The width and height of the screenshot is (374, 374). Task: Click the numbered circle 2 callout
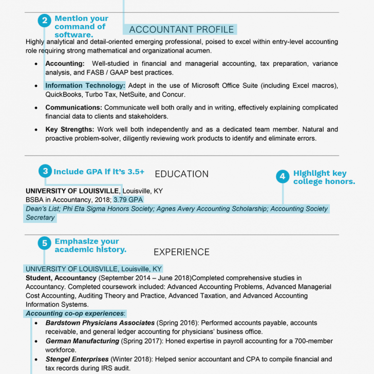45,21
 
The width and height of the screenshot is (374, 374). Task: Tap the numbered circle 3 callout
45,171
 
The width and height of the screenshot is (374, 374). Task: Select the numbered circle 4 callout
282,177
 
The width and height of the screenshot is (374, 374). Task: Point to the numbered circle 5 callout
45,242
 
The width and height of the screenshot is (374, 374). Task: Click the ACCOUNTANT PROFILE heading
181,30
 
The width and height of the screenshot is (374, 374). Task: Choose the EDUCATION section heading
181,174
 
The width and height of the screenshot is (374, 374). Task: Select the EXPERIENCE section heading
181,252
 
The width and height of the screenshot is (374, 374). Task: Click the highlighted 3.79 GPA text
128,199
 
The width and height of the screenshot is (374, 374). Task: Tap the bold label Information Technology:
85,86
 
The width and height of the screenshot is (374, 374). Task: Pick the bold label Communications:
73,108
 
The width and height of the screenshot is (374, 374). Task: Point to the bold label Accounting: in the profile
65,64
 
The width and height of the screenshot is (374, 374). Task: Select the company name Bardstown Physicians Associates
100,323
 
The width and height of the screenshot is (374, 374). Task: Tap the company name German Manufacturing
82,341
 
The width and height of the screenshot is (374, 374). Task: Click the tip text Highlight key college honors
324,177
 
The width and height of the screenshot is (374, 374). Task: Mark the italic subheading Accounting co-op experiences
75,313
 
